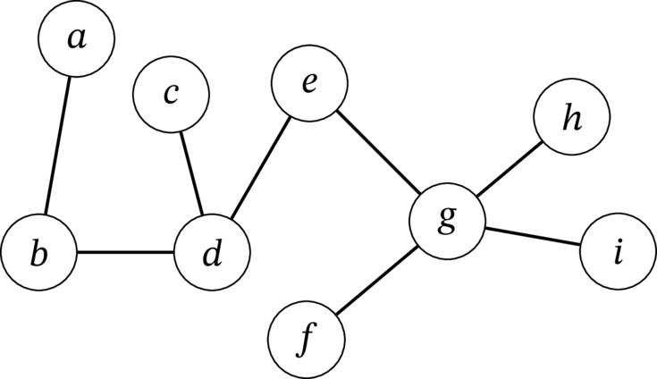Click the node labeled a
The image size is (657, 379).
[x=76, y=39]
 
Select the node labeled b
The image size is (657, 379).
[x=39, y=252]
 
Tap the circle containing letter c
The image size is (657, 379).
[x=171, y=94]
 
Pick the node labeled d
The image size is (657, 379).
[x=213, y=253]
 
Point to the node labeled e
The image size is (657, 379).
[x=309, y=83]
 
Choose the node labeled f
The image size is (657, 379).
[x=307, y=340]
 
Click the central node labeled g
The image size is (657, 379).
[x=448, y=221]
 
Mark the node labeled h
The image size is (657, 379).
[x=572, y=116]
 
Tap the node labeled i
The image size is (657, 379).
[x=618, y=251]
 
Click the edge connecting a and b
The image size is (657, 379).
[x=57, y=146]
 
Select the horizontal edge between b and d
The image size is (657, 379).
[x=126, y=253]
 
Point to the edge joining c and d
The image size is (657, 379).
[x=191, y=173]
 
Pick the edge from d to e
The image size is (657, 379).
[x=261, y=168]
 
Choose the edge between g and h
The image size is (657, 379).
[x=510, y=169]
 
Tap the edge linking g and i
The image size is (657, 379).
[x=533, y=236]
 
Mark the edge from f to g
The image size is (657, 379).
[x=376, y=280]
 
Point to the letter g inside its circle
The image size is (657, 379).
[x=447, y=219]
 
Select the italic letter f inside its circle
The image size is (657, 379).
[x=307, y=340]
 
